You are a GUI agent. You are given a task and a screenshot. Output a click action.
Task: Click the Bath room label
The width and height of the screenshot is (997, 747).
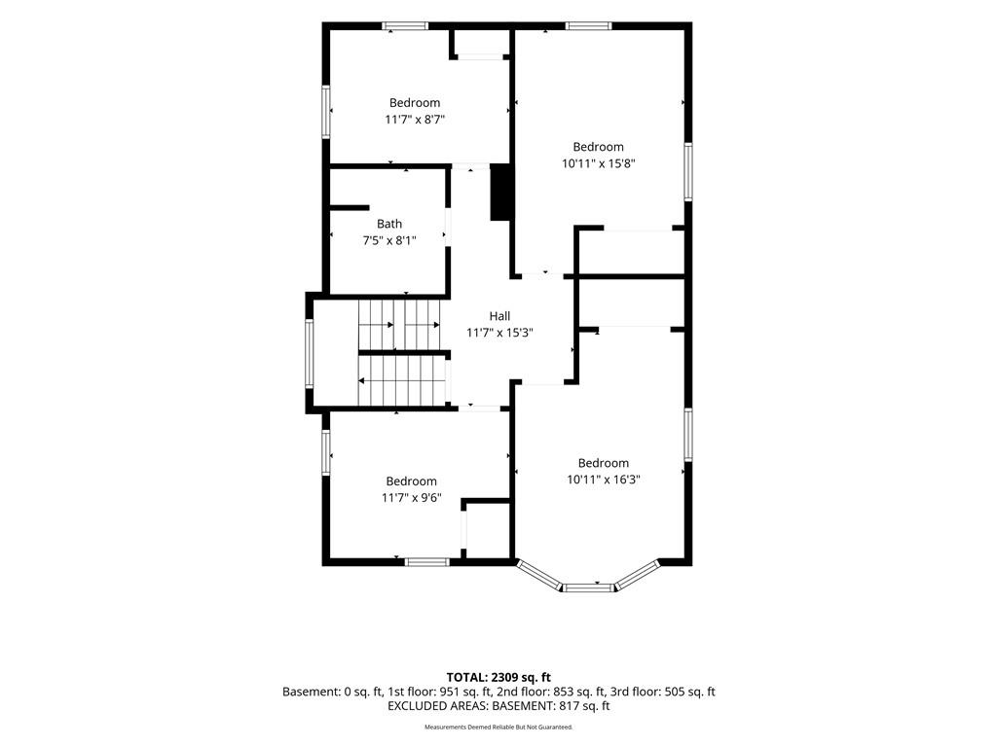coord(389,224)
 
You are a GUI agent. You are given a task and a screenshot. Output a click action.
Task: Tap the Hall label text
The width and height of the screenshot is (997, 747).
coord(499,316)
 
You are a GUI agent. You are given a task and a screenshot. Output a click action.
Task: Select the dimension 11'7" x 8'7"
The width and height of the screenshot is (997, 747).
coord(415,119)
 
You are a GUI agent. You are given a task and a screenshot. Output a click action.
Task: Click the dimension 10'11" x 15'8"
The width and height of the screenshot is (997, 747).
coord(599,163)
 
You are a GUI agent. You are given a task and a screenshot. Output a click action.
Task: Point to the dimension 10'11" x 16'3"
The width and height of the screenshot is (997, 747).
coord(604,480)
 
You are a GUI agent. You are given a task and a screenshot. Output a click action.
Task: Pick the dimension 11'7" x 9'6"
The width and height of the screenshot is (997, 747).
coord(412,498)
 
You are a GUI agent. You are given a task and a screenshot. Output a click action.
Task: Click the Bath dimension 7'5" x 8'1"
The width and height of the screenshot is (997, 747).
coord(389,240)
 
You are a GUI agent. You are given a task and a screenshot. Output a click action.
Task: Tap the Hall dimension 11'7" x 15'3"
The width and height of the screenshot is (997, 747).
coord(499,333)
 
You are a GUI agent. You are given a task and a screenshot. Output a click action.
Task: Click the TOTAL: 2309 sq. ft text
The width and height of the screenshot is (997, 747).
coord(498,677)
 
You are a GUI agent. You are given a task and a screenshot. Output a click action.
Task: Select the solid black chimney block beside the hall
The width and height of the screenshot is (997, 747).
coord(500,192)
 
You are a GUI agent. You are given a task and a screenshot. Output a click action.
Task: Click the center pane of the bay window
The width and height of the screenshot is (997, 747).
coord(589,587)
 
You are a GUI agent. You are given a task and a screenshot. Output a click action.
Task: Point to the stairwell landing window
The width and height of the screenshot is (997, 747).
coord(309,354)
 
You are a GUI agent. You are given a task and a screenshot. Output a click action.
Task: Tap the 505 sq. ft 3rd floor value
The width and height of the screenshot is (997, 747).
coord(690,692)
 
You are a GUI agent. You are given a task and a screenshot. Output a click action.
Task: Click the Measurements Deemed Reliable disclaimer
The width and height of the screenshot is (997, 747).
coord(498,727)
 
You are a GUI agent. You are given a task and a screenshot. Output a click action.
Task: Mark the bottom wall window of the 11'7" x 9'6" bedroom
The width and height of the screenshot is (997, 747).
coord(427,562)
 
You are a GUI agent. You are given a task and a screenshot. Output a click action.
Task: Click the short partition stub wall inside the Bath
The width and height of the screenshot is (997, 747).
coord(350,208)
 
